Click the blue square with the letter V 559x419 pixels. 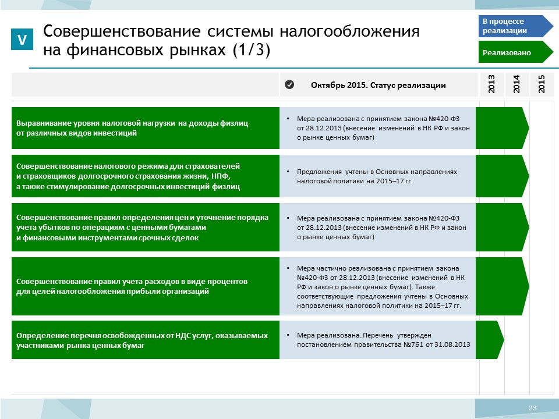coord(22,39)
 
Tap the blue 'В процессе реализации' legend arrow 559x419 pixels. coord(515,26)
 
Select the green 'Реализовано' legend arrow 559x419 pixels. coord(515,52)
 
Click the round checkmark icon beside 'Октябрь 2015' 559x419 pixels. coord(289,84)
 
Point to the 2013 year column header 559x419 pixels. coord(491,84)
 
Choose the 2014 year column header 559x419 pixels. coord(516,84)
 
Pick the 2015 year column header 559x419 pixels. coord(542,84)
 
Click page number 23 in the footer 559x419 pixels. coord(533,408)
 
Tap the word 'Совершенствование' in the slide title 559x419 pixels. coord(122,31)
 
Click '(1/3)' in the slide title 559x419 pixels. coord(252,49)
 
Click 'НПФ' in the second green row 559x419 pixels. coord(221,176)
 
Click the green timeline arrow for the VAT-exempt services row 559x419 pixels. coord(490,340)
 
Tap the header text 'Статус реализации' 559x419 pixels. coord(408,85)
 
